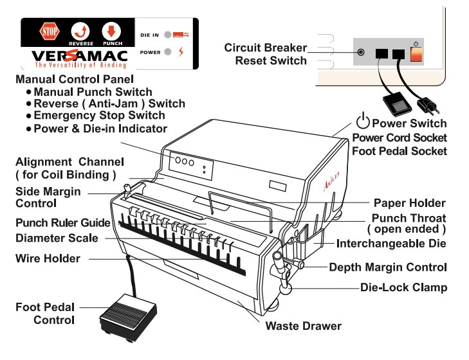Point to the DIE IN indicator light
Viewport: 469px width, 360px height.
[167, 34]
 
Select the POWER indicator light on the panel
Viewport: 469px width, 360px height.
[167, 51]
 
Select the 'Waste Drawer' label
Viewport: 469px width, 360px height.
[303, 326]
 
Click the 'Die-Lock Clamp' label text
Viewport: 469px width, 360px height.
[403, 287]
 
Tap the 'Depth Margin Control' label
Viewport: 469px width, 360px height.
[388, 266]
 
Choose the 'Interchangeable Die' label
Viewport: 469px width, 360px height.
[391, 244]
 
